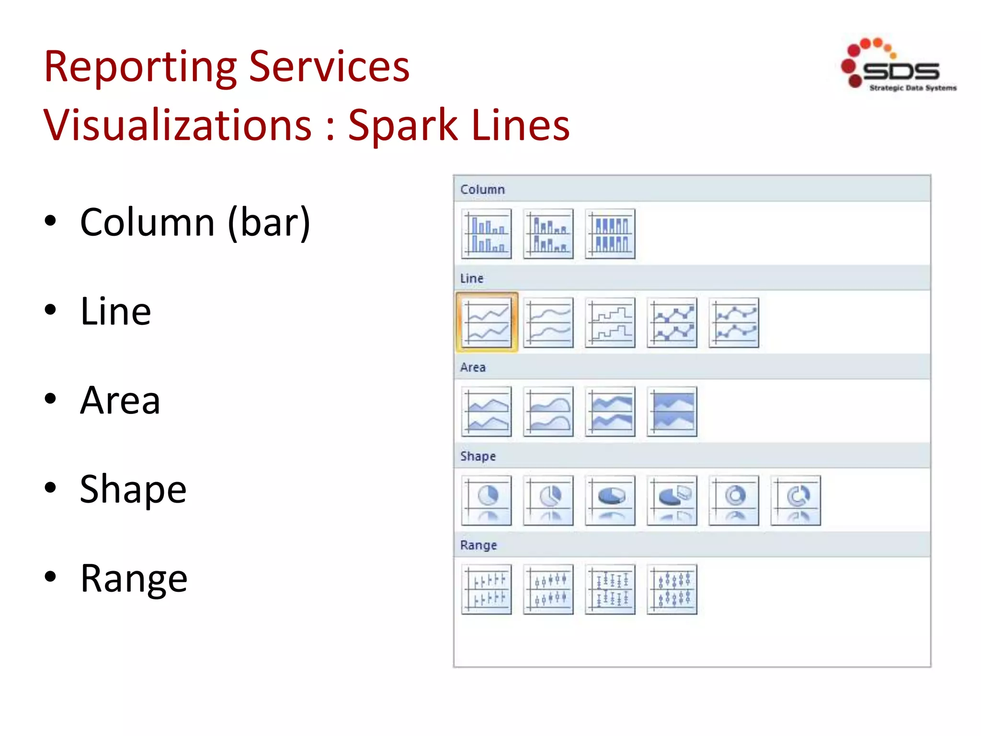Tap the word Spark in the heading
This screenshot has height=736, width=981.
click(x=402, y=126)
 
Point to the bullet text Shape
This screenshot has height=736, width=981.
click(x=133, y=489)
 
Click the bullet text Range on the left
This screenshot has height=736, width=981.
click(x=134, y=578)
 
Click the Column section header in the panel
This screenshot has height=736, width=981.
click(x=482, y=190)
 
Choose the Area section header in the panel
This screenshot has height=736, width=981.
click(x=473, y=368)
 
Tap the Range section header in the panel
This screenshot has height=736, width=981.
click(x=478, y=545)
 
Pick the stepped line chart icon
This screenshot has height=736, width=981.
click(x=610, y=322)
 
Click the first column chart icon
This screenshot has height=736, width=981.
click(x=487, y=234)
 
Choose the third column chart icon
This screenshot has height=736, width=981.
click(x=610, y=234)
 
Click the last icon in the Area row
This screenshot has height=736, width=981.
click(x=672, y=412)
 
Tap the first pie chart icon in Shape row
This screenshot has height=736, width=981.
click(x=487, y=500)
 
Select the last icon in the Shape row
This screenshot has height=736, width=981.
click(x=796, y=500)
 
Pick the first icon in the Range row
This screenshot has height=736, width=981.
click(x=487, y=589)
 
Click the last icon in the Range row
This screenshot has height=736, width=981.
click(x=672, y=589)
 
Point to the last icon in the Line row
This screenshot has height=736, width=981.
click(x=734, y=322)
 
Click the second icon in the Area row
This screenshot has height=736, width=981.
click(x=548, y=412)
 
